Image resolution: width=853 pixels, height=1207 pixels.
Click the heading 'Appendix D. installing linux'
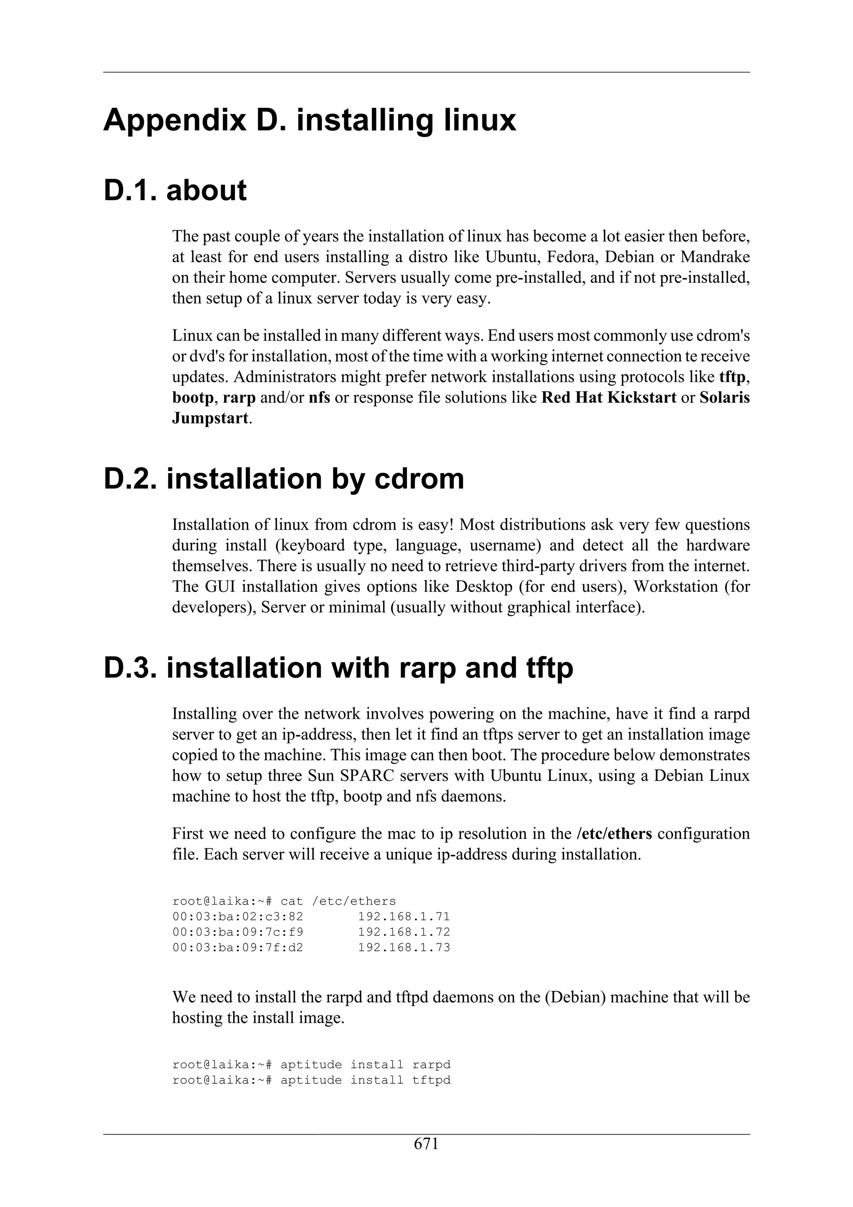pos(309,120)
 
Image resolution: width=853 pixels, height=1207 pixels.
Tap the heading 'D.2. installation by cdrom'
pos(284,479)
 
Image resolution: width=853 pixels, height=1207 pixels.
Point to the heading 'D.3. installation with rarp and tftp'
pos(339,668)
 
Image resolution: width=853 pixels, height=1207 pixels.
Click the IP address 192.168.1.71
pos(404,916)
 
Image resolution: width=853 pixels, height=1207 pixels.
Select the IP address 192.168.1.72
pos(404,932)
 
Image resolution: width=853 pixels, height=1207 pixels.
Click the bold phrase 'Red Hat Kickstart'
pos(609,397)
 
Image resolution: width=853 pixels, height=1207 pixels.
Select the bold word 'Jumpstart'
pos(210,419)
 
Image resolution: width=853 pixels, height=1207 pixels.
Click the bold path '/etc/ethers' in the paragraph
pos(614,834)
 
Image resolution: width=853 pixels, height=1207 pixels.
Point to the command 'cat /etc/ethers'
pos(338,901)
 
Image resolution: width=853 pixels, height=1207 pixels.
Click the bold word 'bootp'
pos(193,397)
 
